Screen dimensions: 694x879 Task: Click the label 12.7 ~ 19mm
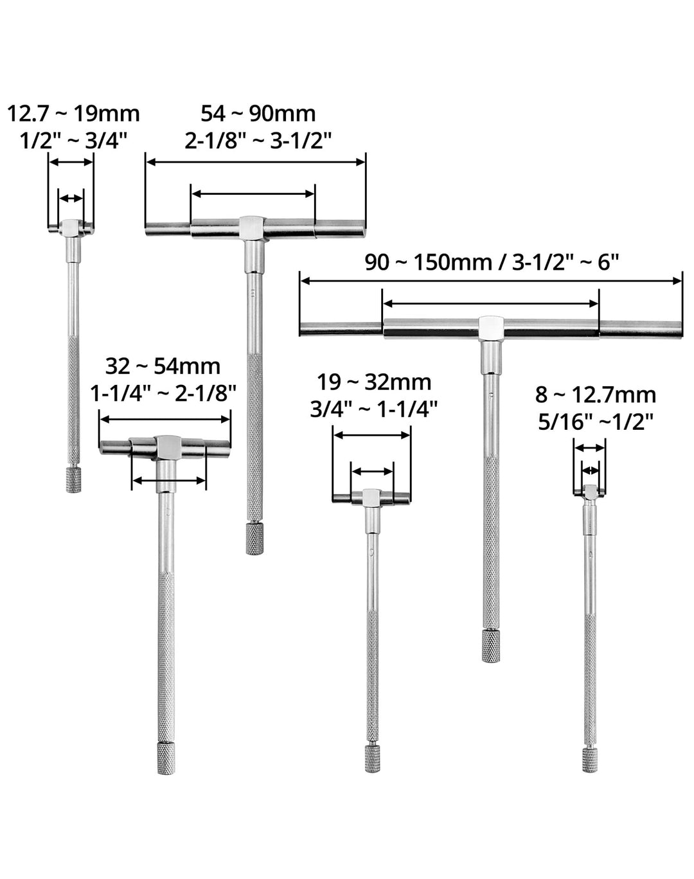pos(73,114)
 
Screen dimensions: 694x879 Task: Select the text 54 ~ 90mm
pos(258,114)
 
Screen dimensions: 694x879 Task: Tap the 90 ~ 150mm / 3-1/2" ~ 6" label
pos(492,262)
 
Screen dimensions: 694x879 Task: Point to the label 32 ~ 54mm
pos(163,366)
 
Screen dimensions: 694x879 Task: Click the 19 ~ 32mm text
pos(374,383)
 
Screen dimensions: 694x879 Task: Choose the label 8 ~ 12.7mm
pos(596,395)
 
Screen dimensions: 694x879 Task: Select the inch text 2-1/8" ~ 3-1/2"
pos(258,141)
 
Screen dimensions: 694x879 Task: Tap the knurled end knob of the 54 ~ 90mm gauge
pos(254,538)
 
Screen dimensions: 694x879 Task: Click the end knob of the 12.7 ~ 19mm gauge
pos(73,481)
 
